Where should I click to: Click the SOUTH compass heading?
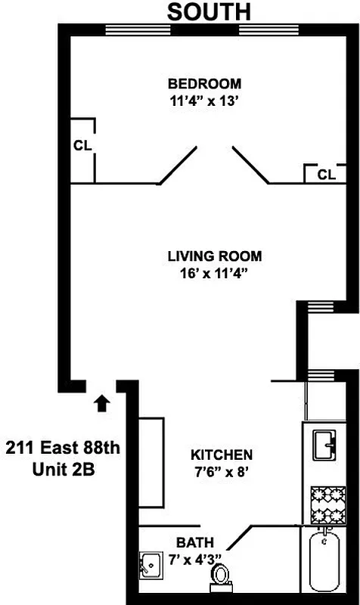point(208,11)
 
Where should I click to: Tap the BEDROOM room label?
point(204,83)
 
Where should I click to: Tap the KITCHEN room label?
point(221,455)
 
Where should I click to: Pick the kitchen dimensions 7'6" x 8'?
point(221,470)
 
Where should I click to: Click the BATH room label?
point(194,542)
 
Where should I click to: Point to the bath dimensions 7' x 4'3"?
point(194,559)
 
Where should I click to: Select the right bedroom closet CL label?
point(326,175)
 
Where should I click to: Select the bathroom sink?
point(150,564)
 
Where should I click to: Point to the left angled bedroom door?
point(178,166)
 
